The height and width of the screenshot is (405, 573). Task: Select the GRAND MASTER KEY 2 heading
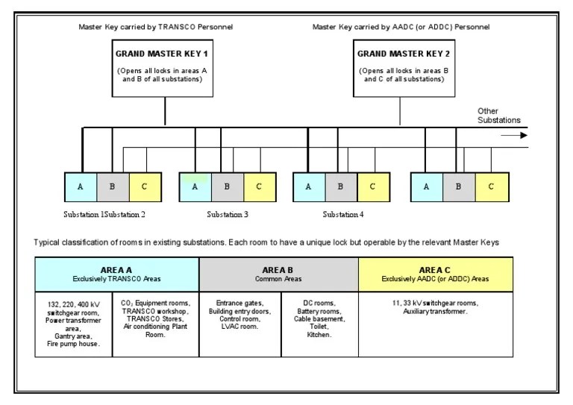click(401, 54)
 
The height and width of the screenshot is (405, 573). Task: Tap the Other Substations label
click(498, 116)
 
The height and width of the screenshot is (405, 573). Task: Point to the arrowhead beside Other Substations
click(524, 135)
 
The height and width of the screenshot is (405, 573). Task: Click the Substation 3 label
click(228, 215)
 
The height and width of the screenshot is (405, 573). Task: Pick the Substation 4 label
click(343, 215)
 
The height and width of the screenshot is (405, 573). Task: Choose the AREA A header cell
click(116, 274)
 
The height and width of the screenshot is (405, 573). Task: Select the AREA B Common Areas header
click(278, 274)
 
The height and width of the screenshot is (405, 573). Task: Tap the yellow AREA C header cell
click(436, 274)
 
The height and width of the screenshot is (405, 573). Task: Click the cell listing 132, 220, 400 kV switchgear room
click(73, 323)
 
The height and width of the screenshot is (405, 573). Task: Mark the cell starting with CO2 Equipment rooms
click(155, 319)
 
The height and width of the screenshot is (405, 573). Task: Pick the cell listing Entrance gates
click(239, 315)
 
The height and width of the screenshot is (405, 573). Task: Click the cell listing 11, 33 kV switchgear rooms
click(436, 307)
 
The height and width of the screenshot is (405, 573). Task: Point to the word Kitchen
click(319, 335)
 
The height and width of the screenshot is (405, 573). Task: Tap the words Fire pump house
click(73, 343)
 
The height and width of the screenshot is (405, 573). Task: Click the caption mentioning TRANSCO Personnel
click(156, 27)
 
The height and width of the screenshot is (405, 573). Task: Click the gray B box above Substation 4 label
click(340, 186)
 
